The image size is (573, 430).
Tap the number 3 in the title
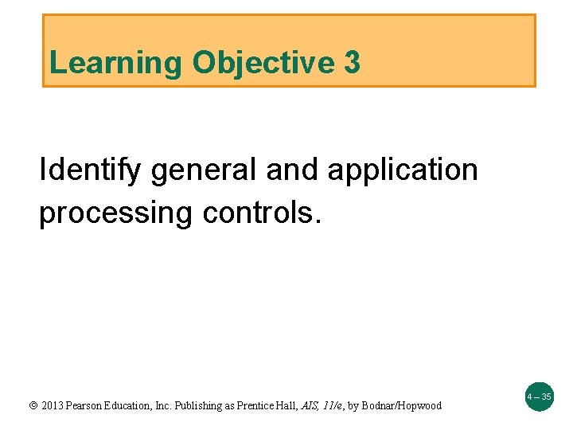tap(352, 62)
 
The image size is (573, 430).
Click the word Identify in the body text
tap(89, 171)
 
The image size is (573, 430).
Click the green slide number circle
tap(539, 396)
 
